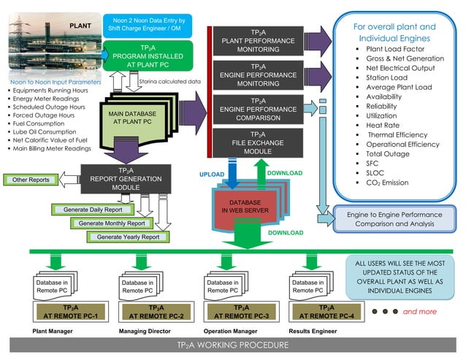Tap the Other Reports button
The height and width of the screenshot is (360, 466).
click(x=31, y=180)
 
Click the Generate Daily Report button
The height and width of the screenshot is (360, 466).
click(x=93, y=210)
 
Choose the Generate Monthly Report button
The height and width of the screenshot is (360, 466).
click(x=112, y=223)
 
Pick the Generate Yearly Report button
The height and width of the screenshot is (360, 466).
click(x=128, y=237)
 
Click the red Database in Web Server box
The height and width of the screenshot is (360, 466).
click(x=244, y=205)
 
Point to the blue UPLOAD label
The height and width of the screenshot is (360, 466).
click(x=213, y=175)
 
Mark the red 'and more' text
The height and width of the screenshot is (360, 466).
click(x=419, y=312)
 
